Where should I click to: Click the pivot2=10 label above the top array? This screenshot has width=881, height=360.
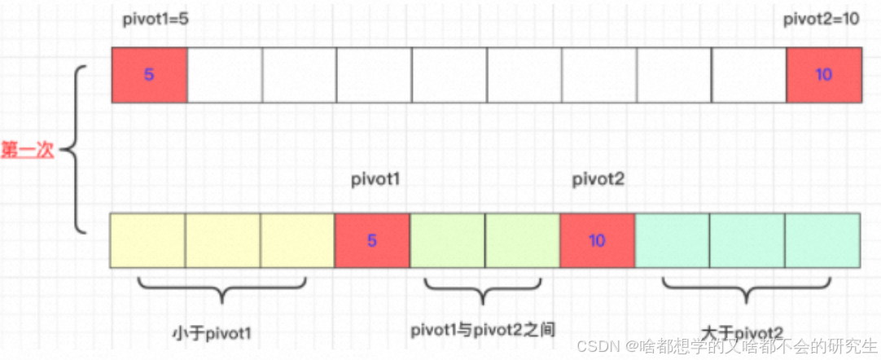[x=821, y=20]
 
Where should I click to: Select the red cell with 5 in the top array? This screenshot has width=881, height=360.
[x=149, y=75]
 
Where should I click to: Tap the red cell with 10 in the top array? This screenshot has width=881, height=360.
[x=823, y=75]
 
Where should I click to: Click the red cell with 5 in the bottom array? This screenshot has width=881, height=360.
[x=372, y=240]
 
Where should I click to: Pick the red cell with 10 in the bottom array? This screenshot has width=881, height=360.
[x=597, y=240]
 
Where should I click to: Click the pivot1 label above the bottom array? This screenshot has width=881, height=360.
[x=375, y=178]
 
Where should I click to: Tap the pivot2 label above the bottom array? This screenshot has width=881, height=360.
[x=598, y=178]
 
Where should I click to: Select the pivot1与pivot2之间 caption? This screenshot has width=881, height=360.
[x=484, y=329]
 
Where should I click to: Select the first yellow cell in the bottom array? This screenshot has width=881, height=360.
[x=147, y=240]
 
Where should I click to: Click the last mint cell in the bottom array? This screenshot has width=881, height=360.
[x=822, y=240]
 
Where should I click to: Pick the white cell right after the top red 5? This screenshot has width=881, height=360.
[x=225, y=75]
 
